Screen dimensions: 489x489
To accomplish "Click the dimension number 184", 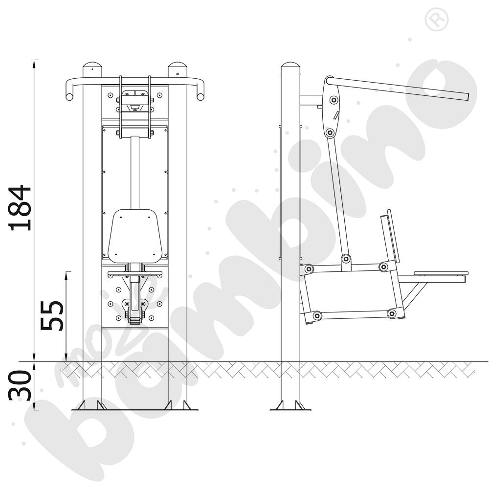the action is click(x=21, y=208).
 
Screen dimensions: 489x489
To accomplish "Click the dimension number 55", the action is click(x=52, y=315).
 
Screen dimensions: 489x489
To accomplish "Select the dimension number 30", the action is click(x=20, y=385).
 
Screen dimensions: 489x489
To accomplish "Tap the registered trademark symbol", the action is click(x=437, y=20).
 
